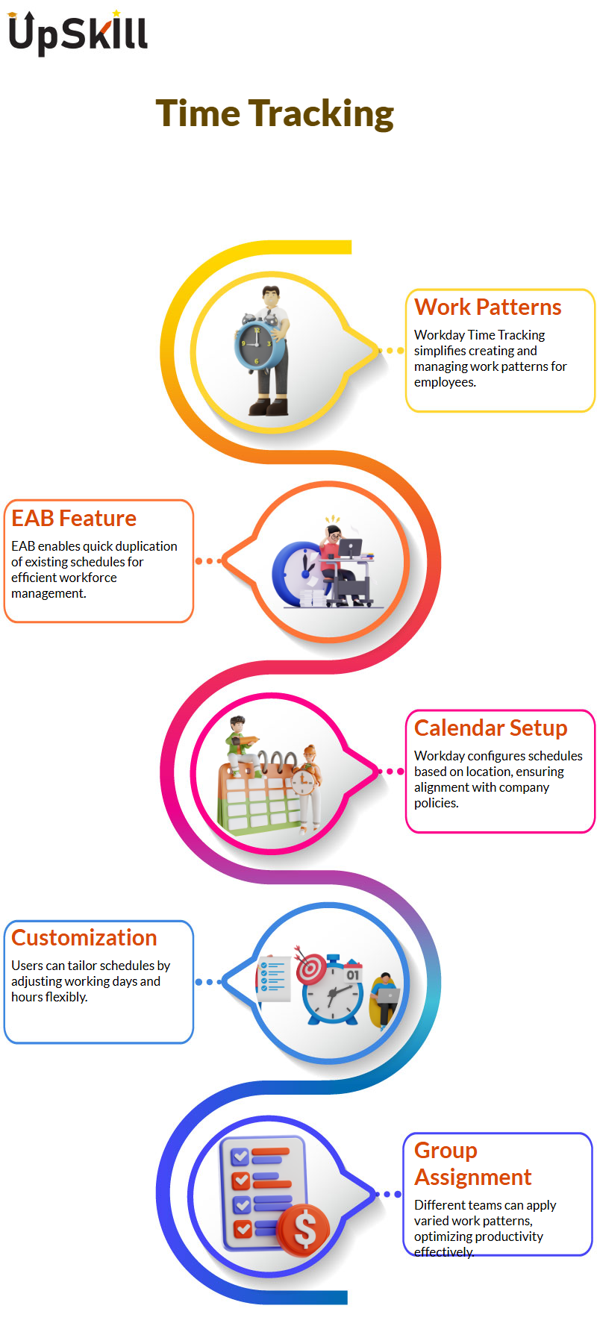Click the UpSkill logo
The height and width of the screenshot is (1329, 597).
tap(78, 33)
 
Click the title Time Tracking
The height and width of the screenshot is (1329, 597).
tap(275, 114)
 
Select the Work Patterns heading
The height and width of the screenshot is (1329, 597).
tap(488, 307)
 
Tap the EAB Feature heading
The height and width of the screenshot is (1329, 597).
tap(74, 518)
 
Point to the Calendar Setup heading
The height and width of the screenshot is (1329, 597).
tap(491, 728)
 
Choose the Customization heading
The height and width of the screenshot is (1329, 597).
tap(84, 937)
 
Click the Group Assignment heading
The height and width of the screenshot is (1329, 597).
tap(473, 1163)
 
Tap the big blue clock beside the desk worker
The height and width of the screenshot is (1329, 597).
tap(298, 573)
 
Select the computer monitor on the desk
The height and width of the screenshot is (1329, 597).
tap(350, 548)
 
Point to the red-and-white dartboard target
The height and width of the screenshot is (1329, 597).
tap(311, 969)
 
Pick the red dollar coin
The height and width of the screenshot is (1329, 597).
tap(304, 1228)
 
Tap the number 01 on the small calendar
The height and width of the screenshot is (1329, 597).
tap(352, 974)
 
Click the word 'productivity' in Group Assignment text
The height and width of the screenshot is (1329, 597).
tap(510, 1236)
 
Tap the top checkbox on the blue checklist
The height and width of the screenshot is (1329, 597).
tap(240, 1157)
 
